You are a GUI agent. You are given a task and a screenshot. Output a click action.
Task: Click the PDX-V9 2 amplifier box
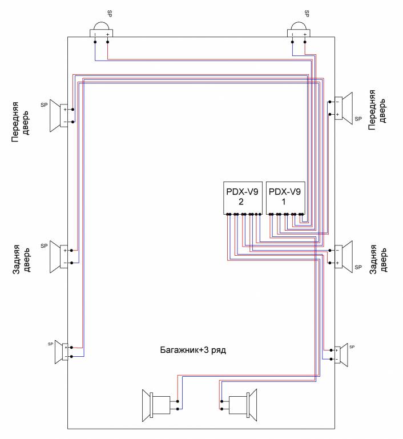click(x=242, y=198)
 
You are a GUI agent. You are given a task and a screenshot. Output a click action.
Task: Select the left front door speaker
click(x=58, y=114)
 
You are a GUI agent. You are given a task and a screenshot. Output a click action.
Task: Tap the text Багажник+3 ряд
click(x=192, y=349)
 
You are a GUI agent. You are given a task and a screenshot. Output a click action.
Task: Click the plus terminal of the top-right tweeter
click(x=305, y=35)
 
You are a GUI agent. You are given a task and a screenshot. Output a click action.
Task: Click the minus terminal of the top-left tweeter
click(x=95, y=35)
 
